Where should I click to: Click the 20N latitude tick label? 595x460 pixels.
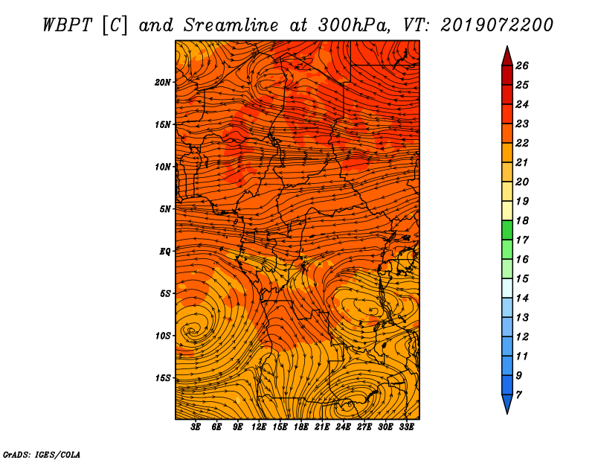[162, 83]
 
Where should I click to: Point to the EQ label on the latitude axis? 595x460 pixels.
[164, 252]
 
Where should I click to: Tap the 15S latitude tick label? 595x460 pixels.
[162, 378]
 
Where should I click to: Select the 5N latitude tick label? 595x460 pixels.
[164, 209]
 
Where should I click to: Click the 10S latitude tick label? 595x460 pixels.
[162, 336]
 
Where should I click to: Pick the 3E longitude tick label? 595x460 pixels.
[196, 427]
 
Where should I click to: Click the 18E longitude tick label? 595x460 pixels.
[300, 427]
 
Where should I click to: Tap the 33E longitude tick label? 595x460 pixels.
[406, 427]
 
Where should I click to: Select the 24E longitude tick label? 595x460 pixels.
[343, 427]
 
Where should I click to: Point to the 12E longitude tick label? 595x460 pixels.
[258, 427]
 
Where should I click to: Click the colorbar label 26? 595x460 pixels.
[522, 66]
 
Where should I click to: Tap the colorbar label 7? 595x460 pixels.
[518, 394]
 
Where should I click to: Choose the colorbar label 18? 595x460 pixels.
[522, 220]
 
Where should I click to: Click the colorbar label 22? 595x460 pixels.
[522, 143]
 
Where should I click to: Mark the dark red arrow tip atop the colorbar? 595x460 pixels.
[507, 47]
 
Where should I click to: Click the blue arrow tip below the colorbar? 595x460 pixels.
[507, 413]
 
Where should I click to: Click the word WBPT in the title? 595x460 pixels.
[67, 25]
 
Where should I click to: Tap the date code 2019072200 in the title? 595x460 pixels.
[497, 25]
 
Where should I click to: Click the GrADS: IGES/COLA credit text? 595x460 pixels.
[42, 455]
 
